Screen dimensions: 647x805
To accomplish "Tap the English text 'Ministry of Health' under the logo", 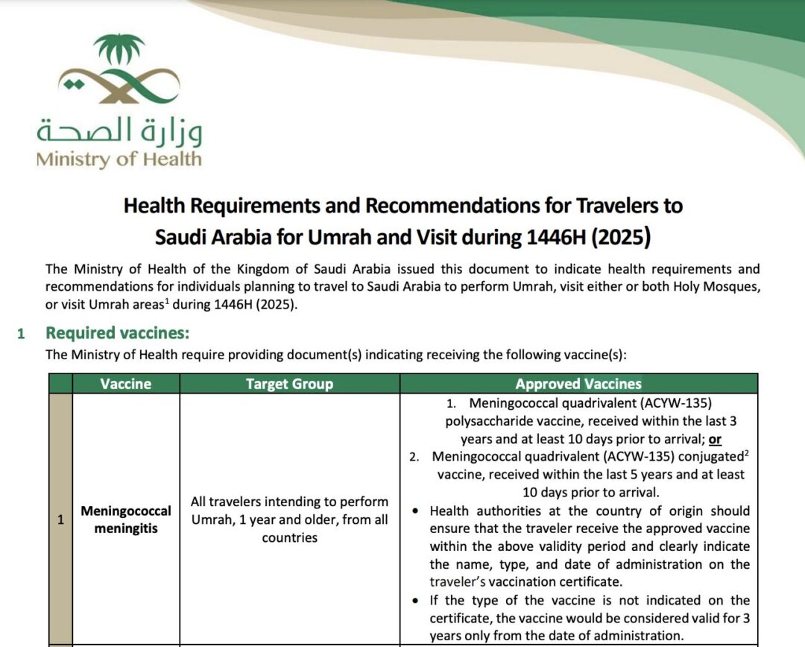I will coord(119,159).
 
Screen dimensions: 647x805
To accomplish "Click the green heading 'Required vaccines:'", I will coord(118,333).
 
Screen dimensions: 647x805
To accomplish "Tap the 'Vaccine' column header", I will coord(126,384).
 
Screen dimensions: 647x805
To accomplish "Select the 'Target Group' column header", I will coord(289,384).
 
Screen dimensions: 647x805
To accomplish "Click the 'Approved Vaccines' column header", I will coord(578,384).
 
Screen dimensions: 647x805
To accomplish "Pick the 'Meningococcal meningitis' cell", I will coord(126,520).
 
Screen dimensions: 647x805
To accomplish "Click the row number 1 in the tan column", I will coord(60,520).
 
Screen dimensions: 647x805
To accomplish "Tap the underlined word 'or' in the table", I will coord(715,439).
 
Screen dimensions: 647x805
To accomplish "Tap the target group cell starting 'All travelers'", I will coord(289,520).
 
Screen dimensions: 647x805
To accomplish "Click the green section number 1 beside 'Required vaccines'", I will coord(21,334).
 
